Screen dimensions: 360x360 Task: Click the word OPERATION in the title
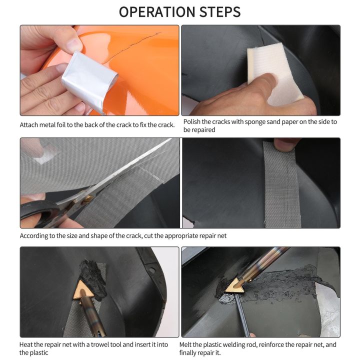[x=157, y=12]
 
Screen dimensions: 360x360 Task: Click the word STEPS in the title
[x=220, y=12]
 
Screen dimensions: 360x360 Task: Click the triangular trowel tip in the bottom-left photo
[x=82, y=291]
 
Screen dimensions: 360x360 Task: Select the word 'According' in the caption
[x=33, y=236]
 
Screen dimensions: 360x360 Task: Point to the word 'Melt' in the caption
[x=186, y=344]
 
